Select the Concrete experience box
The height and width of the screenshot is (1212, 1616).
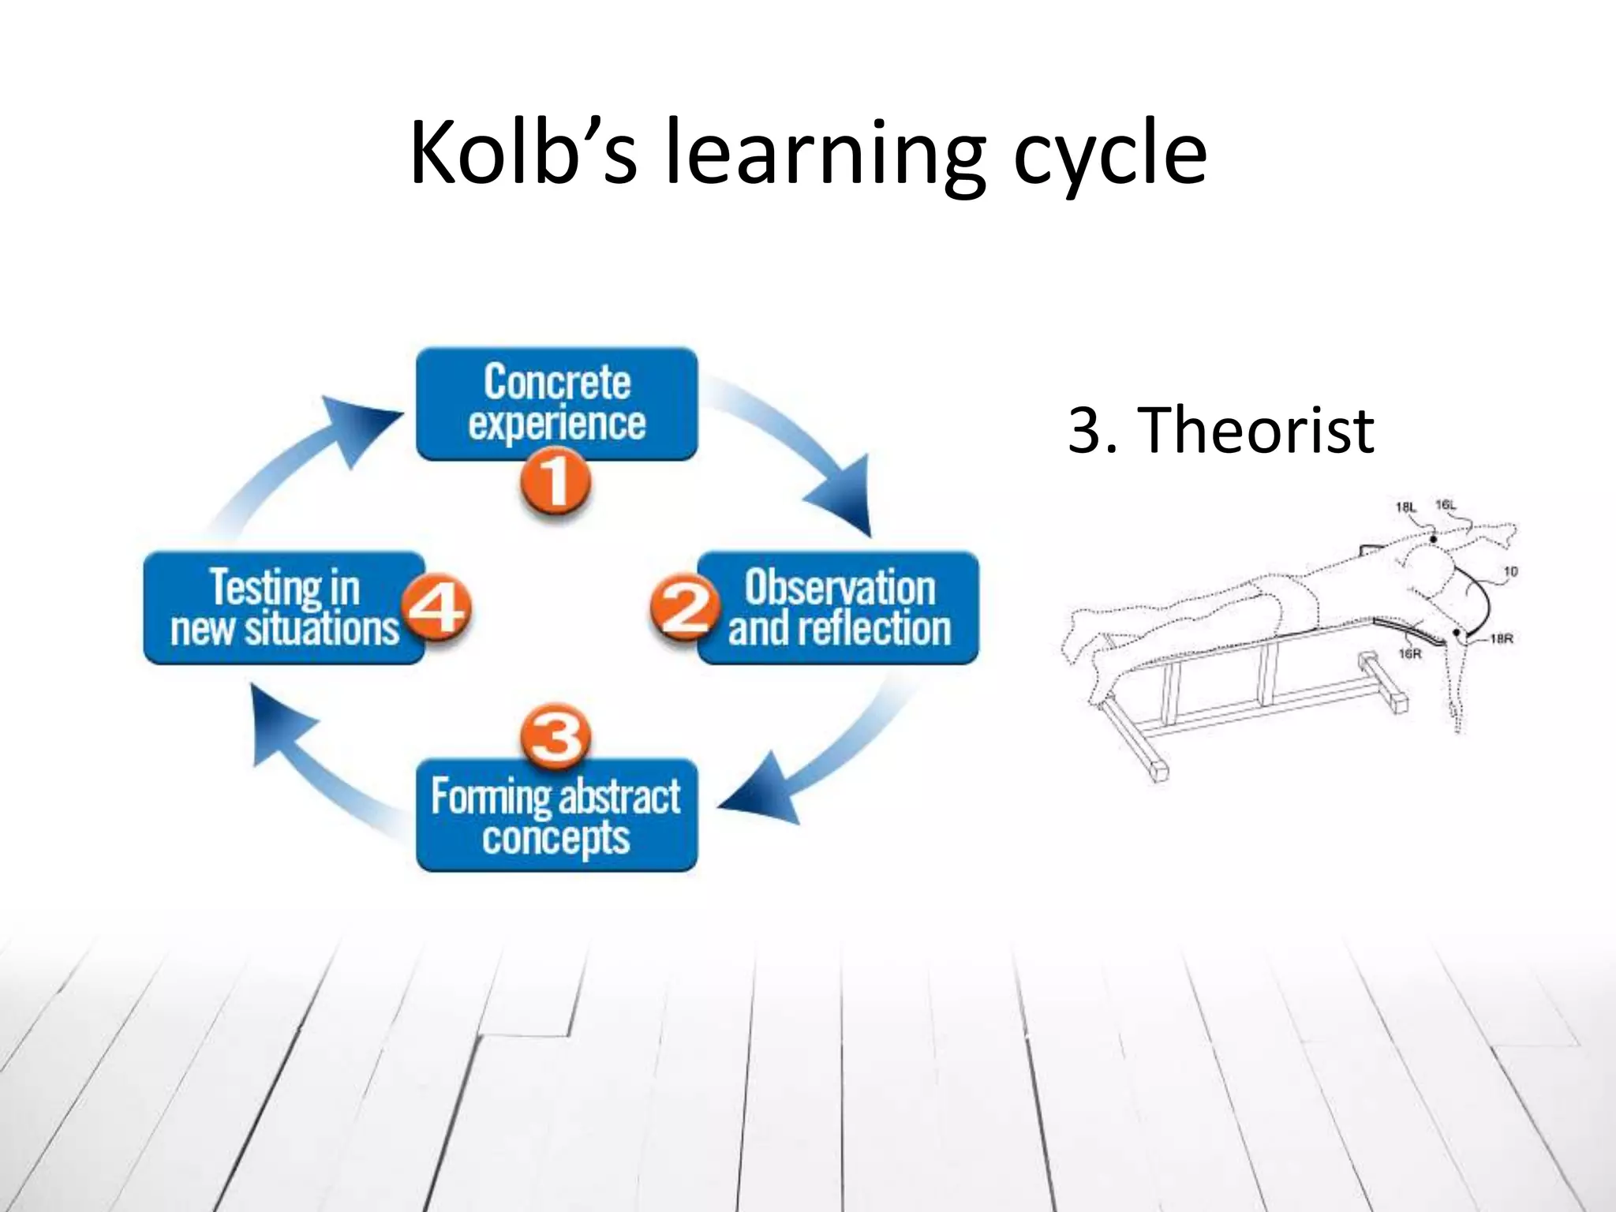coord(556,402)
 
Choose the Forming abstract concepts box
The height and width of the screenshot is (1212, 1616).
coord(556,816)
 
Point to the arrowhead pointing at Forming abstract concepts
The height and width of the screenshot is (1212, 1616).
coord(761,793)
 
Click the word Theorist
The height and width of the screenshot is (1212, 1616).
coord(1259,430)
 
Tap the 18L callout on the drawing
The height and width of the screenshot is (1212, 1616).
coord(1406,507)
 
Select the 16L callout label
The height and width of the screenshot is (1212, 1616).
coord(1446,505)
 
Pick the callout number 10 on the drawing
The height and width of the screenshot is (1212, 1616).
coord(1510,571)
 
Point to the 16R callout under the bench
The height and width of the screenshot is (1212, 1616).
coord(1409,653)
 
